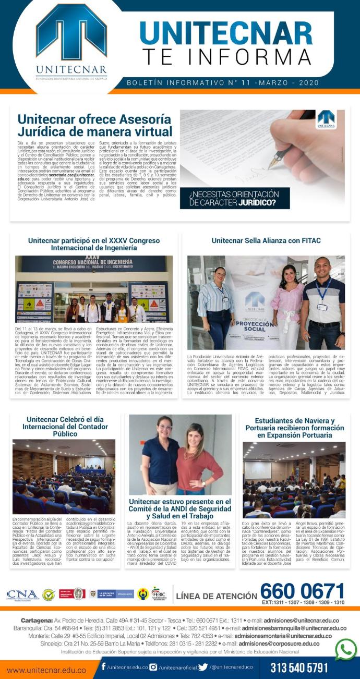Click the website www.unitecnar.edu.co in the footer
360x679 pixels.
tap(46, 669)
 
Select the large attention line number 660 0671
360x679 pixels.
tap(302, 591)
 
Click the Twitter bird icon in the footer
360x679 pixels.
tap(203, 666)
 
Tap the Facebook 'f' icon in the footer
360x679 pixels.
tap(104, 666)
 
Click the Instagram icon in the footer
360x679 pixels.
tap(153, 666)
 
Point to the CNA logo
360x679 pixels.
tap(22, 595)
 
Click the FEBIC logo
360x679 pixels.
tap(158, 593)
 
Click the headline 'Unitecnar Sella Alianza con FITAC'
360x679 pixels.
tap(266, 240)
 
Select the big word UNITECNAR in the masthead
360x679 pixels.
tap(225, 32)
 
